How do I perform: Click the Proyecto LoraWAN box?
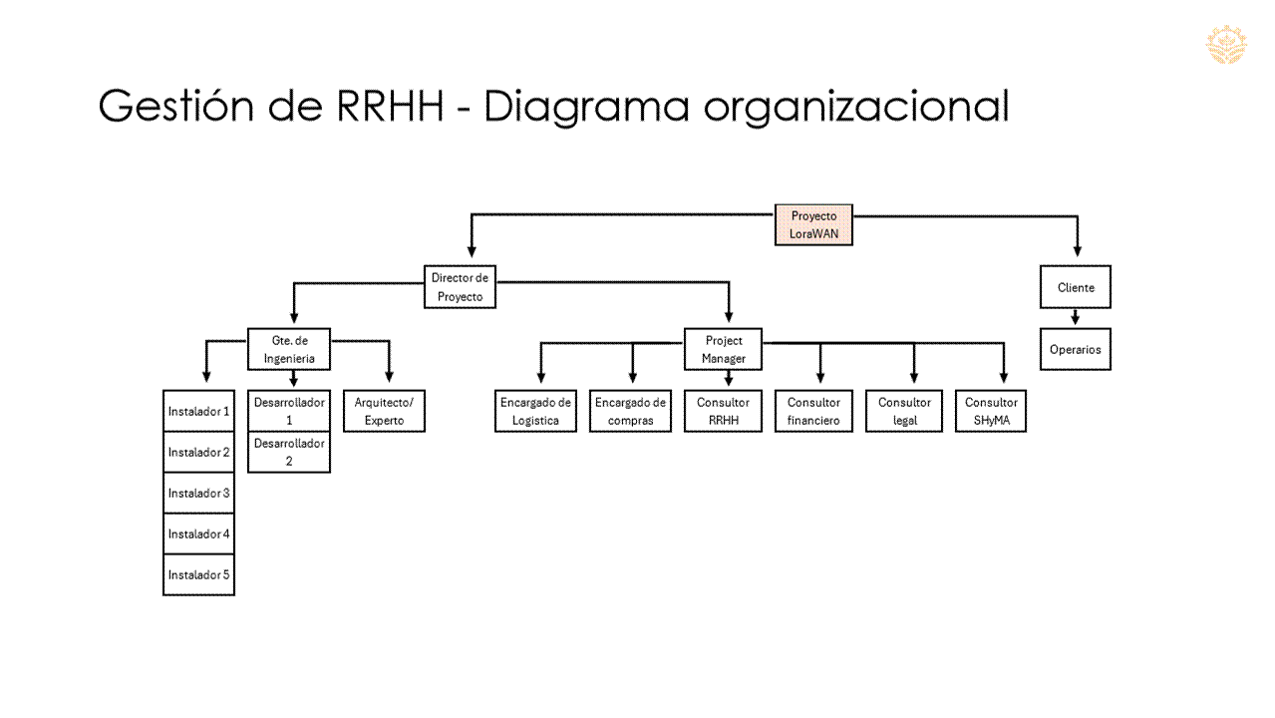click(813, 224)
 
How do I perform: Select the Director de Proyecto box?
click(460, 287)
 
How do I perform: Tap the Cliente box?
click(1075, 287)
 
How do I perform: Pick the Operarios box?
click(1075, 350)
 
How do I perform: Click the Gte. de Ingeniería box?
click(289, 349)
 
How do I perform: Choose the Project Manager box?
click(724, 349)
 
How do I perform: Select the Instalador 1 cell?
click(198, 411)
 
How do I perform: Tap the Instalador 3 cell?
click(198, 493)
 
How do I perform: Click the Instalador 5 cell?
click(198, 575)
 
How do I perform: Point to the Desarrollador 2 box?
click(289, 452)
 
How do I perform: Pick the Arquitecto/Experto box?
click(384, 411)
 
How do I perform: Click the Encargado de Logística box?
click(535, 411)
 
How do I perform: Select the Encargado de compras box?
click(630, 411)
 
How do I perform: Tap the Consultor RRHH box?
click(723, 411)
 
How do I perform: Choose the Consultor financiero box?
click(813, 411)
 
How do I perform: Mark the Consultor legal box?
click(904, 411)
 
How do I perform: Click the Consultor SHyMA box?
click(991, 411)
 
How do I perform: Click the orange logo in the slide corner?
click(1225, 45)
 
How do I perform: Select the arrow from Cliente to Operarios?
click(1075, 318)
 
